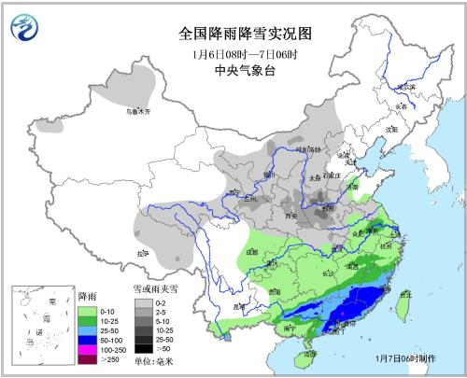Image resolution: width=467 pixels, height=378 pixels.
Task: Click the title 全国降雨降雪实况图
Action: (245, 33)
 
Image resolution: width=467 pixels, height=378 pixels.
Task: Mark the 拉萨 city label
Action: (142, 253)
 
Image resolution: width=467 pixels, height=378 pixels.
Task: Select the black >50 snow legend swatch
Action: (143, 347)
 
